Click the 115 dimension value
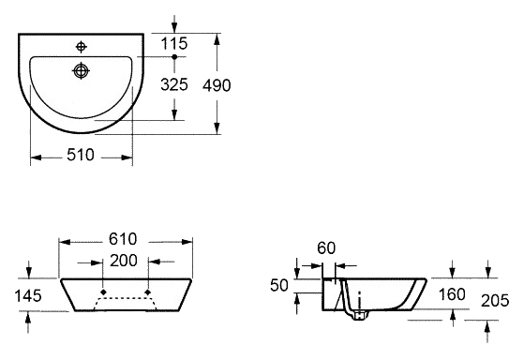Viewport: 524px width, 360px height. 174,44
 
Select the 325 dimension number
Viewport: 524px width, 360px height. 174,84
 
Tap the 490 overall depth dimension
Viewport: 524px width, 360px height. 217,85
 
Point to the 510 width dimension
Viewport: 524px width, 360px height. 81,155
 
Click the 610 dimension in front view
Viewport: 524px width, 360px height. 123,239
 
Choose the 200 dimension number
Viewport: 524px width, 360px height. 124,261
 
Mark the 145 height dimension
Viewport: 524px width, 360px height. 28,296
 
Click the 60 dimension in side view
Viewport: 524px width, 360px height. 326,248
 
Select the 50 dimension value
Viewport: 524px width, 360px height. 279,285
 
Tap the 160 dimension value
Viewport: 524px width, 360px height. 452,294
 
